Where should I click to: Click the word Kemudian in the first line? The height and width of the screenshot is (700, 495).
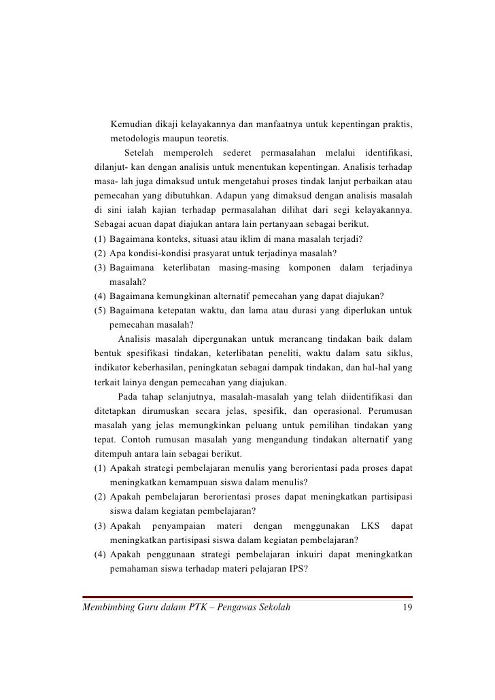(130, 125)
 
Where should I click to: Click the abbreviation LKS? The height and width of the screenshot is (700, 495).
(370, 527)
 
